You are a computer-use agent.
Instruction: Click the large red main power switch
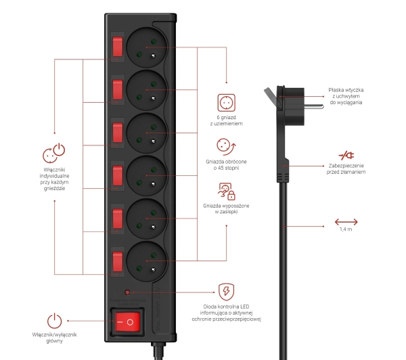pos(127,323)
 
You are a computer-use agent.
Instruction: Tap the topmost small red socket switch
pos(117,46)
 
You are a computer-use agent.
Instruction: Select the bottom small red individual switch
pos(117,261)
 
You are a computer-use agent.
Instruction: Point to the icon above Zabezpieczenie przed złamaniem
pos(346,156)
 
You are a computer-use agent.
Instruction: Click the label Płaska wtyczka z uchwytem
pos(346,95)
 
